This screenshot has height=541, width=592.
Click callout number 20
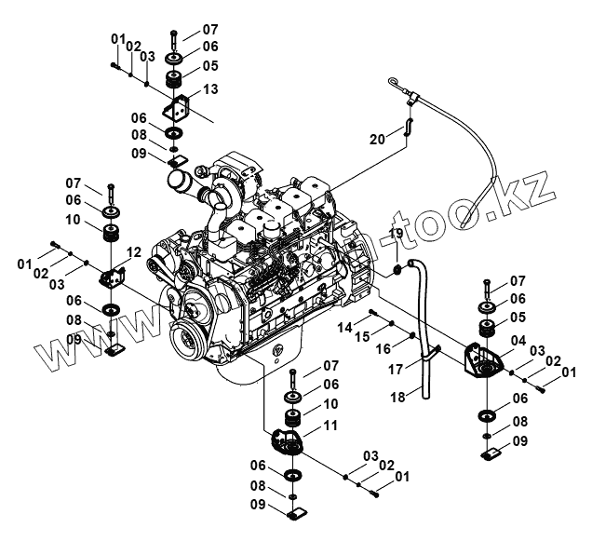[x=377, y=139]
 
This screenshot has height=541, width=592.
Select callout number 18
[x=397, y=398]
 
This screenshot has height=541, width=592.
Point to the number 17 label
[x=396, y=369]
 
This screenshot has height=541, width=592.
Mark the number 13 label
[x=209, y=88]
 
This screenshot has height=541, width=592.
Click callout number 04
[x=518, y=341]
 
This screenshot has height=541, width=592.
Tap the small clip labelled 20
[x=407, y=127]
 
